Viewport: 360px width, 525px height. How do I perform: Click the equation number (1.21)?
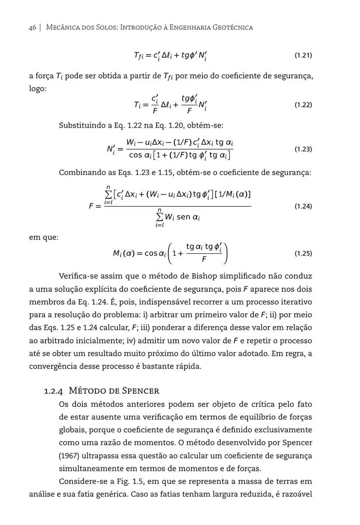tap(303, 56)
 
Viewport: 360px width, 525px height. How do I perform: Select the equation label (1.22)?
tap(303, 105)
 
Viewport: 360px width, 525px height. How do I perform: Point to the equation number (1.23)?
tap(303, 149)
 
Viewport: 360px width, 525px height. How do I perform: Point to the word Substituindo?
tap(81, 126)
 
